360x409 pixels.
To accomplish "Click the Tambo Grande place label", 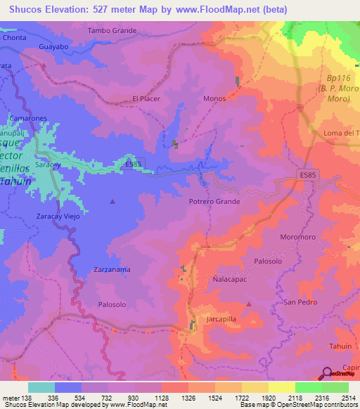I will [112, 31].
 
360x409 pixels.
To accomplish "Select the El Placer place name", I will [146, 99].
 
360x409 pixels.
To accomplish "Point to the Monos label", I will [214, 99].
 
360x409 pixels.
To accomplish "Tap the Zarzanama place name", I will [112, 269].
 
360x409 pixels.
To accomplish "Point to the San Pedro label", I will [300, 302].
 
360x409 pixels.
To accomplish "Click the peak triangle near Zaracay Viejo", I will [112, 202].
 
